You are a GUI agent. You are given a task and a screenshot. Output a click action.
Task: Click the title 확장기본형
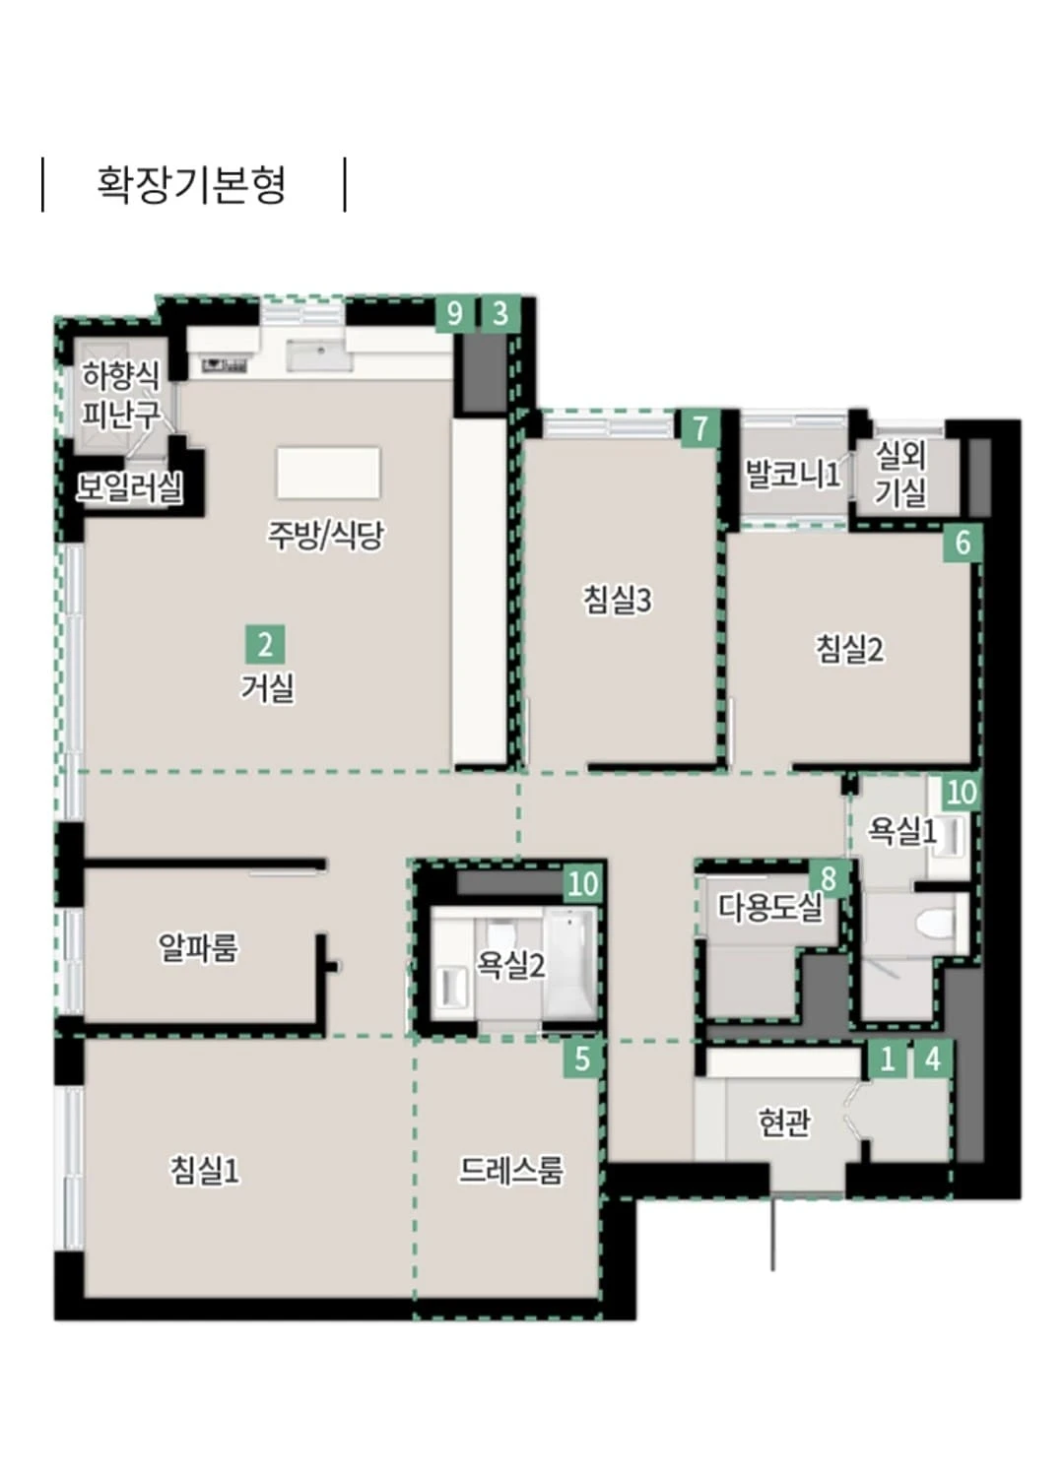191,184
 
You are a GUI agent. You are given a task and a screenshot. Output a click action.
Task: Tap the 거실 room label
267,687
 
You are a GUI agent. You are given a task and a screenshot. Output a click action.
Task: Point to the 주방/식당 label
324,535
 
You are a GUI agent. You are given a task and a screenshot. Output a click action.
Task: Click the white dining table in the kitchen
328,473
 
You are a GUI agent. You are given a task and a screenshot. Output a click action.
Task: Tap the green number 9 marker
455,314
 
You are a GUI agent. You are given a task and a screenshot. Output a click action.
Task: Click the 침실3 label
618,600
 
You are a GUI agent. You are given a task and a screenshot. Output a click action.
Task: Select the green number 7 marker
699,428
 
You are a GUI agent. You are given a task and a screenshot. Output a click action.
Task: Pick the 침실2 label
850,649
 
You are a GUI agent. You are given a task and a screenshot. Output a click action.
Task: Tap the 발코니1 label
793,474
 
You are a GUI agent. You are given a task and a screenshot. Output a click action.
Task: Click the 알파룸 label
197,947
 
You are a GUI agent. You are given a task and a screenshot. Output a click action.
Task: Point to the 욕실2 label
511,965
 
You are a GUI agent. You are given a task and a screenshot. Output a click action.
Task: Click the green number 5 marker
582,1058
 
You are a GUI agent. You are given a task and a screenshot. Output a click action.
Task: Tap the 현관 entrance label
784,1122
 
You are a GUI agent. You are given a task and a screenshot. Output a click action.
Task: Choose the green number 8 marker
829,878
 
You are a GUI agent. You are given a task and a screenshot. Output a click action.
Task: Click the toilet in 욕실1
936,924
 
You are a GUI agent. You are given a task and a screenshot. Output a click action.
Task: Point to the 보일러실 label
130,487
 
